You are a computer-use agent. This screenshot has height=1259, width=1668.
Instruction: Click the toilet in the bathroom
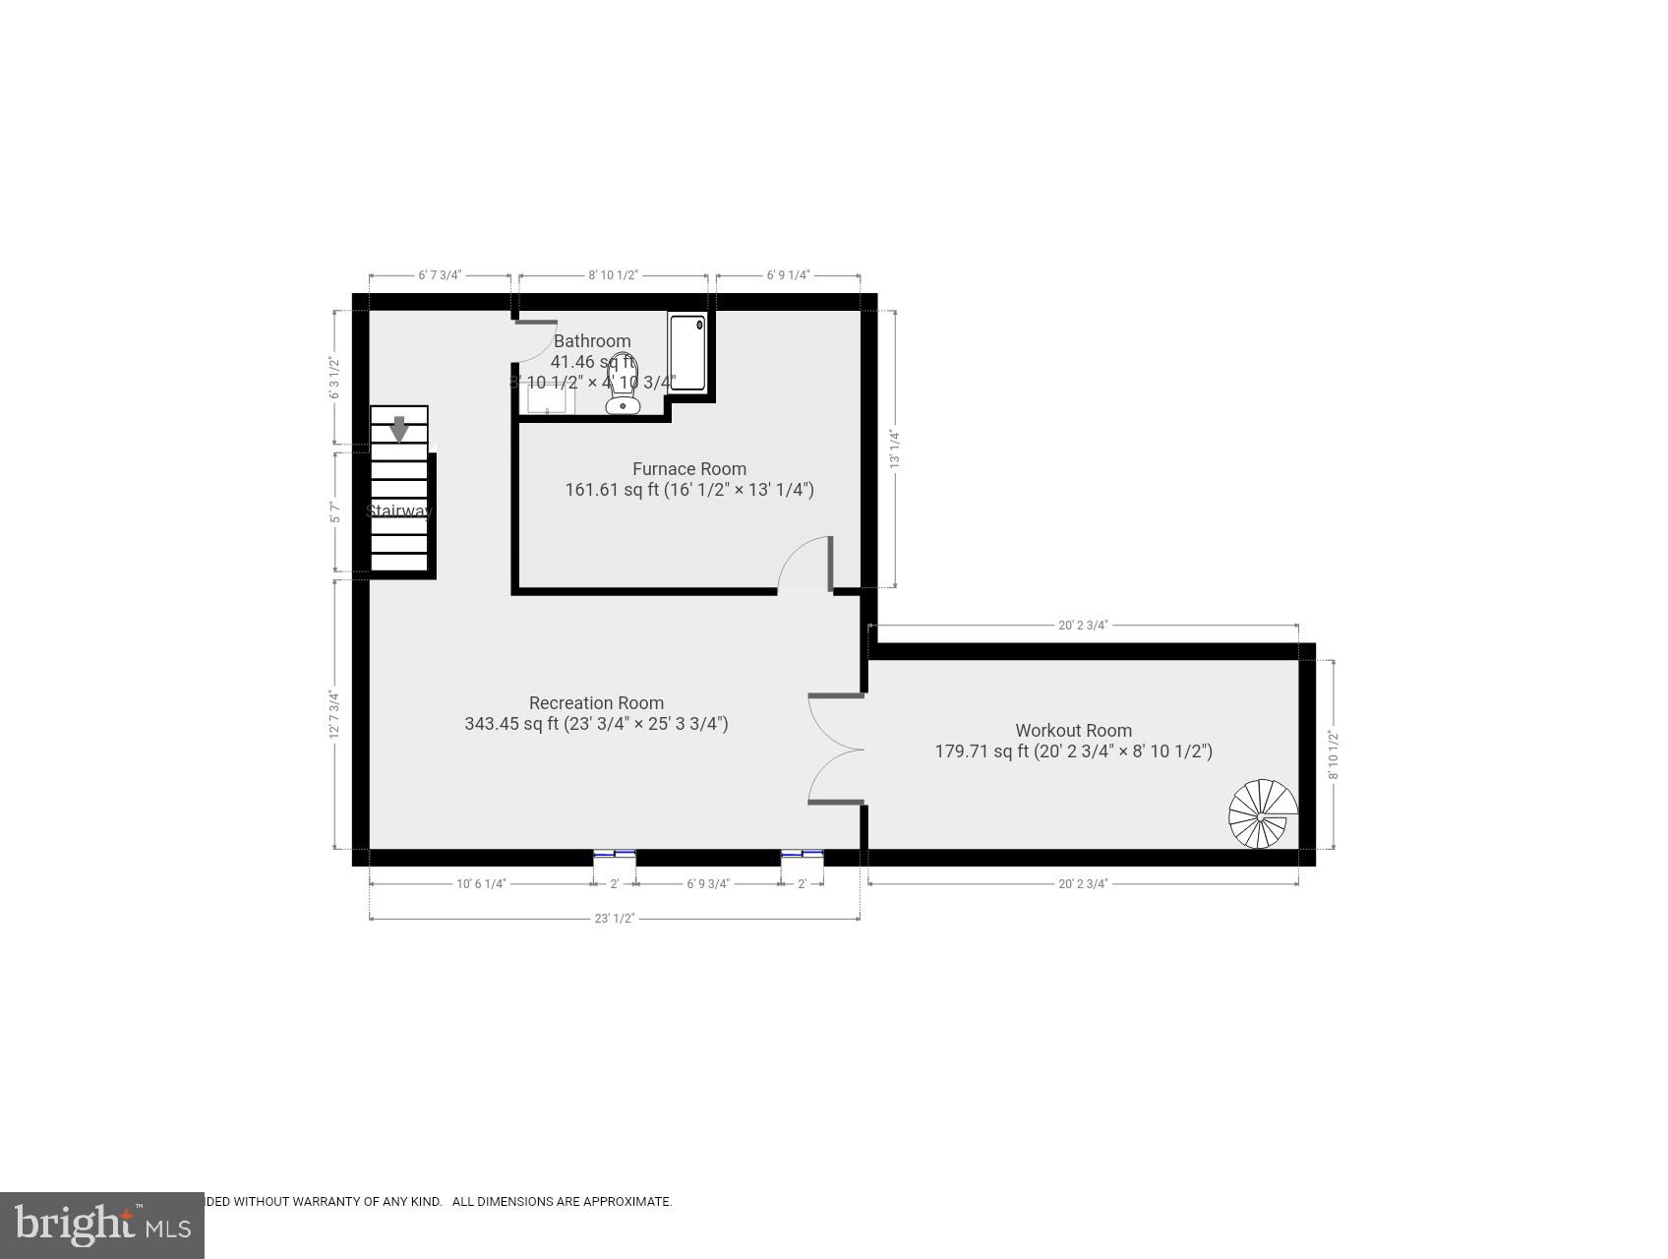coord(623,385)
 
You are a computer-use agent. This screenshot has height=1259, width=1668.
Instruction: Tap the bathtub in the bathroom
coord(687,352)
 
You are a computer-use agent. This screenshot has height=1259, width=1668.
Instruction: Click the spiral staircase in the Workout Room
coord(1263,814)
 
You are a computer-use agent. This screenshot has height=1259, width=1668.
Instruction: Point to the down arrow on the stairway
coord(399,430)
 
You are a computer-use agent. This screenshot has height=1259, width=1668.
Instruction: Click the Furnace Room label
coord(688,469)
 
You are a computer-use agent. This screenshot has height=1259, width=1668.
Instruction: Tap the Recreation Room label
coord(596,703)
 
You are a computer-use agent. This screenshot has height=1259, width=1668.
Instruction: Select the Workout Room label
coord(1073,731)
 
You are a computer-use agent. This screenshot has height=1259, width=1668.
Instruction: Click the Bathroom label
coord(592,341)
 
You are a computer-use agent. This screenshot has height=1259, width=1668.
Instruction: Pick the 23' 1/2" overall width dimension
coord(615,919)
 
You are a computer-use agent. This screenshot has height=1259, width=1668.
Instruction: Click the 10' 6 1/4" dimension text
coord(481,883)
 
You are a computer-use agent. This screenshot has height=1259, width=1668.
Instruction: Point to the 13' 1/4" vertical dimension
coord(895,449)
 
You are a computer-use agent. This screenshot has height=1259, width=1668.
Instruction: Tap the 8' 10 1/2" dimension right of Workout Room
coord(1334,754)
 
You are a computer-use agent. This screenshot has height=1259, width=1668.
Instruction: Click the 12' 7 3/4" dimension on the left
coord(335,715)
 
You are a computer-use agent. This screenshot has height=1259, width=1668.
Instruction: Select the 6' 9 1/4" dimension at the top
coord(788,275)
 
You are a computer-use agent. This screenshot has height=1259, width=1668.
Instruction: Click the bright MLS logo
coord(102,1225)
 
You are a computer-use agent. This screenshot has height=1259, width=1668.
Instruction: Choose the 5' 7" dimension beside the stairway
coord(335,511)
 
